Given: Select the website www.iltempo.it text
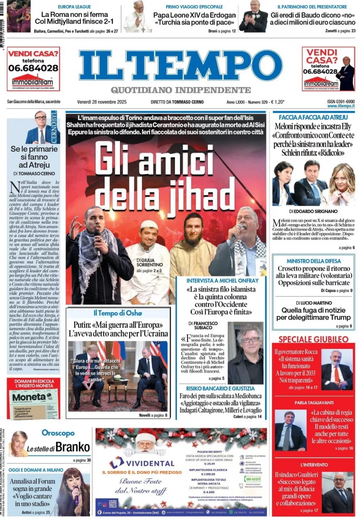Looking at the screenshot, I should (341, 106).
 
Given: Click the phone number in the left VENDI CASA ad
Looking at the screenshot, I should (33, 68).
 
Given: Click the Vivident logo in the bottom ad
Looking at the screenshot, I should (130, 462).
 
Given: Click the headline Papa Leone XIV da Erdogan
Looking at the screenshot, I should (195, 16).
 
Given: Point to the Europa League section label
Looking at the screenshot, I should (74, 7).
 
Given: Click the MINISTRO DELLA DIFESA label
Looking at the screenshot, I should (313, 261).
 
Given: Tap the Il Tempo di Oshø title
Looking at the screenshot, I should (117, 312).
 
